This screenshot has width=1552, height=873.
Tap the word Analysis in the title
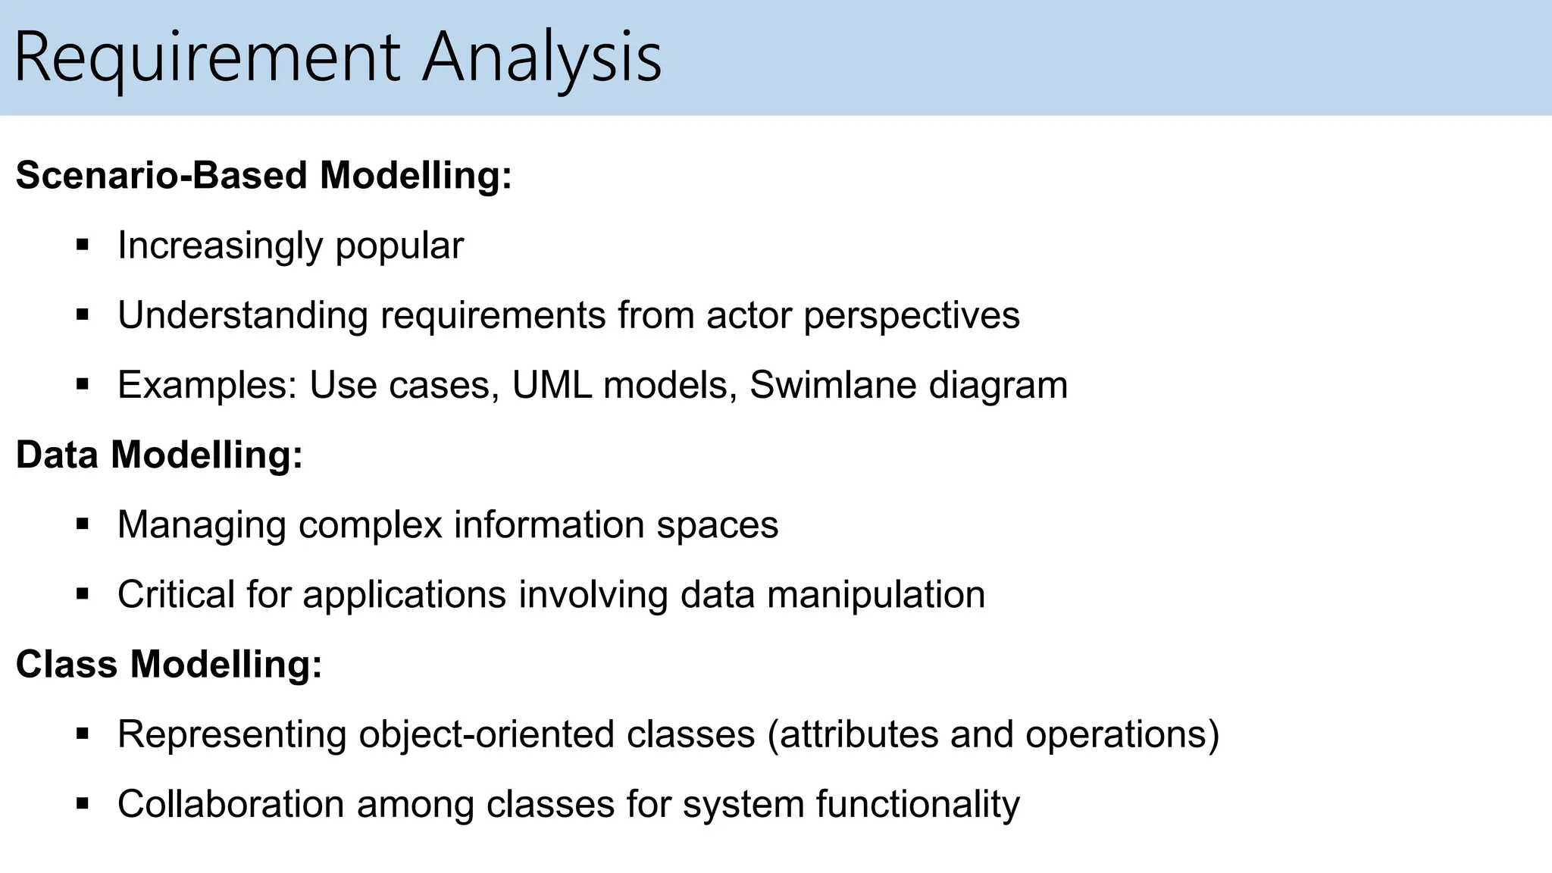click(x=541, y=59)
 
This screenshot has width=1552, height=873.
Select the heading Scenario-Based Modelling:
click(x=264, y=176)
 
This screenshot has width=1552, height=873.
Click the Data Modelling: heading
click(x=159, y=455)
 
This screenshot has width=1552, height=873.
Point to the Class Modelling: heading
click(x=169, y=665)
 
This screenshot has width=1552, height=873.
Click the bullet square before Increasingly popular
click(x=83, y=245)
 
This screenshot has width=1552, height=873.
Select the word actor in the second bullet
click(x=749, y=316)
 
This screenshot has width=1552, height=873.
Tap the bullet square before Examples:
click(x=83, y=384)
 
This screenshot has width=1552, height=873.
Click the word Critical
click(x=176, y=595)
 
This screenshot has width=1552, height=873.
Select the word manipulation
click(x=876, y=596)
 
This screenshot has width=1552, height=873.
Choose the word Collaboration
click(x=230, y=805)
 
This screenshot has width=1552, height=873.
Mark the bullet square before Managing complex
click(x=83, y=524)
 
